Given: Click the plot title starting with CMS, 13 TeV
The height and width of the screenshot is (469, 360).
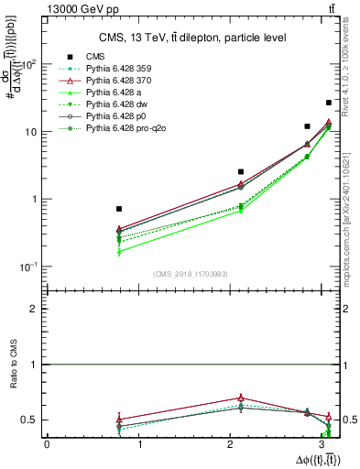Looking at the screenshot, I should [x=192, y=38].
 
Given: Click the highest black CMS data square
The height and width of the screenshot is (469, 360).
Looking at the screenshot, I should [x=329, y=103].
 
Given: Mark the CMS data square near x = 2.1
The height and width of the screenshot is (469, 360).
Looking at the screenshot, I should [x=241, y=171].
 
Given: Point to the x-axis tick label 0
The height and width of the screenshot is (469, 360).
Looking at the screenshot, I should [x=47, y=444].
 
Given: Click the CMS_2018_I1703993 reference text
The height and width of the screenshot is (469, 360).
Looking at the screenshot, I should [x=187, y=274].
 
